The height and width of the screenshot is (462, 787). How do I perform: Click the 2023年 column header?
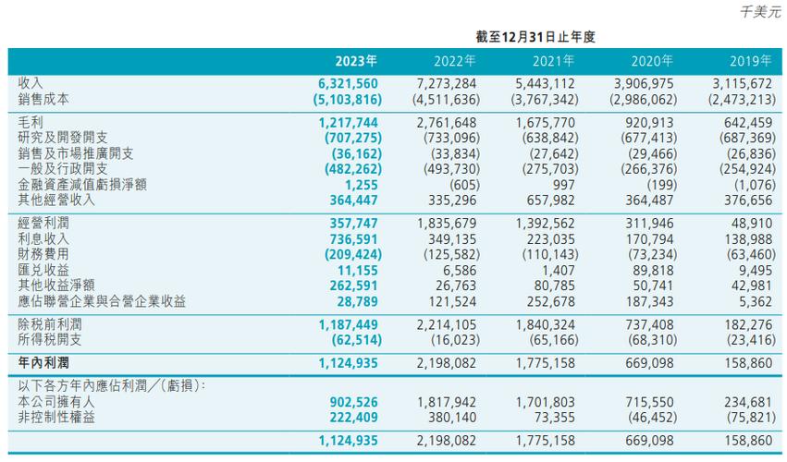click(356, 61)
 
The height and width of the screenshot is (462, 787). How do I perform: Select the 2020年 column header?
click(652, 61)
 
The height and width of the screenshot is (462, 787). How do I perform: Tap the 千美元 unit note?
click(761, 11)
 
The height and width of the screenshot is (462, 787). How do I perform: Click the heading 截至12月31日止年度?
click(535, 37)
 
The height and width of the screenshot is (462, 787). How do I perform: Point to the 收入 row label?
click(31, 83)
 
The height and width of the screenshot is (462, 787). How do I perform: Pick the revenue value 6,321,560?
click(348, 84)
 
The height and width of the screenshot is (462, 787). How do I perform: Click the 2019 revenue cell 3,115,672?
click(743, 84)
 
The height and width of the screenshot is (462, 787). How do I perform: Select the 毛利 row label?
click(31, 122)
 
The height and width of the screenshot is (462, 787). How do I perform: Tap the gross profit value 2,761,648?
click(447, 123)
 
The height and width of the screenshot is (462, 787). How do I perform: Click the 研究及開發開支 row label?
click(63, 138)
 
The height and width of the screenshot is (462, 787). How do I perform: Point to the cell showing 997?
click(563, 185)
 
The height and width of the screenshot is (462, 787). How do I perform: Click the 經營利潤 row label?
click(43, 224)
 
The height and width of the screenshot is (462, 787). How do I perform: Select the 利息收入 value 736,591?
click(354, 240)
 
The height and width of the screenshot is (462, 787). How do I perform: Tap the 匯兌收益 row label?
click(43, 270)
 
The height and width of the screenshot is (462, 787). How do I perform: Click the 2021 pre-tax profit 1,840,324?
click(546, 325)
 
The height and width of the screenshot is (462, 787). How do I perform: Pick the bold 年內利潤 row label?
click(43, 363)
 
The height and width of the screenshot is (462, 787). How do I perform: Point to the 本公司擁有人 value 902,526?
click(354, 402)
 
